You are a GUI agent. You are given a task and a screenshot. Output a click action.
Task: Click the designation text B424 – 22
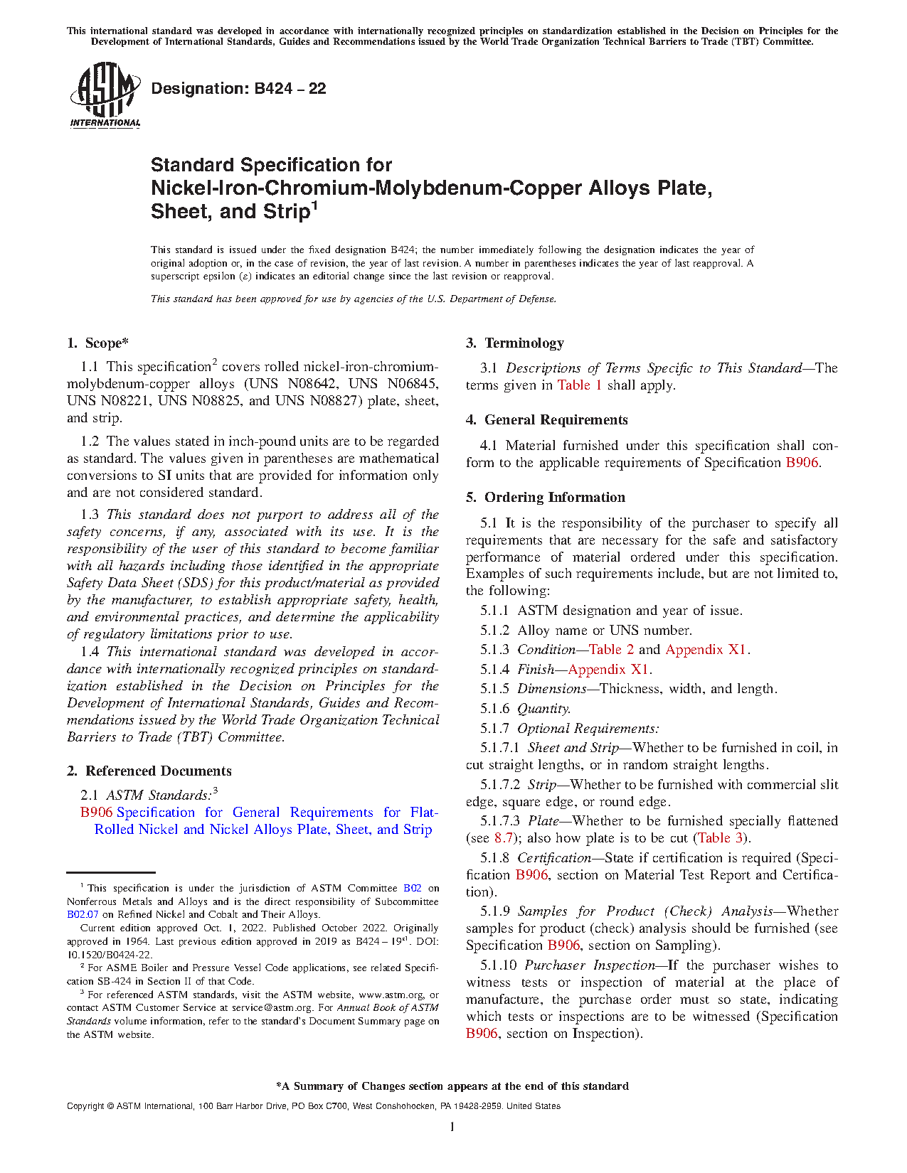pyautogui.click(x=238, y=89)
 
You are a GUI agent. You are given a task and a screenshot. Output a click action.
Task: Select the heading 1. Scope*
pyautogui.click(x=97, y=343)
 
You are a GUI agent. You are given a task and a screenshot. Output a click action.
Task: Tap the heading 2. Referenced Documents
pyautogui.click(x=149, y=771)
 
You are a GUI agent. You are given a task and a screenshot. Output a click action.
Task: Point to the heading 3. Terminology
pyautogui.click(x=514, y=343)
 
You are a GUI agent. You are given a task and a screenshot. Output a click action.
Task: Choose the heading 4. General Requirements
pyautogui.click(x=546, y=420)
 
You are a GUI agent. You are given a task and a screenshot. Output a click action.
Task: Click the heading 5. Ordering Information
pyautogui.click(x=545, y=498)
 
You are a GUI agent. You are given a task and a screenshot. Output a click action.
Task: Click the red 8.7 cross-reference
pyautogui.click(x=504, y=838)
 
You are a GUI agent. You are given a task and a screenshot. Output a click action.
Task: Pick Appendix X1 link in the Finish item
pyautogui.click(x=608, y=670)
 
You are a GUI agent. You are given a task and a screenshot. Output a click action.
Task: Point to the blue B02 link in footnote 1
pyautogui.click(x=413, y=889)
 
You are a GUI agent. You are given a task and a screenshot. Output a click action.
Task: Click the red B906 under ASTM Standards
pyautogui.click(x=96, y=813)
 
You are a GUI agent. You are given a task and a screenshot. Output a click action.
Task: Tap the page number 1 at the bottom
pyautogui.click(x=452, y=1127)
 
